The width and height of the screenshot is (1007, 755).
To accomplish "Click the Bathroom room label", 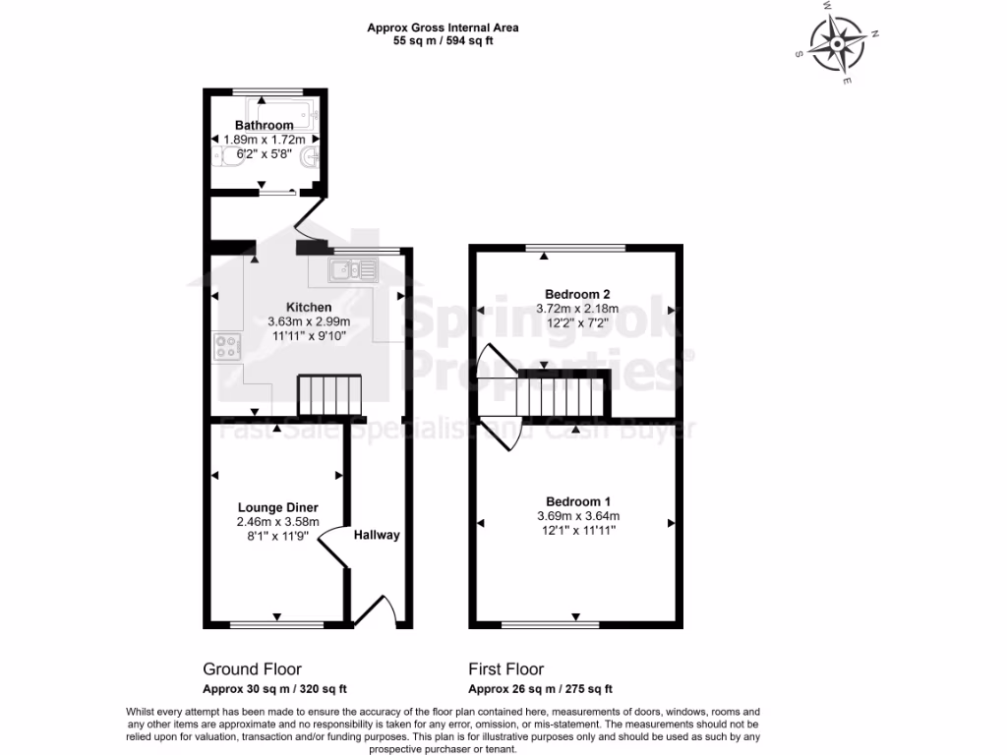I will [264, 126].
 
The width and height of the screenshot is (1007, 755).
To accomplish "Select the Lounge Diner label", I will [277, 507].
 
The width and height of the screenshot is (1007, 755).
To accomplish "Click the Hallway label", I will [377, 535].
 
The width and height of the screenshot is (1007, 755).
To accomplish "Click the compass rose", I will [837, 43].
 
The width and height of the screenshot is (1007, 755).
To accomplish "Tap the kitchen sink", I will [353, 268].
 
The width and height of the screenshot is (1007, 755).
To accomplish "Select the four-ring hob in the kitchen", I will [226, 347].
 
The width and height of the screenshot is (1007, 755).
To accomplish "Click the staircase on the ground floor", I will [330, 395].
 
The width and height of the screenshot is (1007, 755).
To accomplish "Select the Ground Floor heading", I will [252, 669].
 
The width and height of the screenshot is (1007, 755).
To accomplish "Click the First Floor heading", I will [505, 669].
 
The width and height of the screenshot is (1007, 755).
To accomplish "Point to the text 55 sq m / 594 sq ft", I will [443, 42].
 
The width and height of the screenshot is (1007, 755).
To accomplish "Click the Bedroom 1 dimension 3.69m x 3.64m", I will [578, 516].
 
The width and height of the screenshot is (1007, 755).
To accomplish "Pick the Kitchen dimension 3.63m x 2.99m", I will [309, 321].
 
